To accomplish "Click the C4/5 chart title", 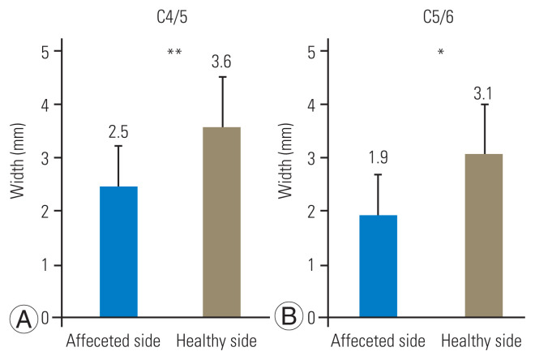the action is (x=172, y=17).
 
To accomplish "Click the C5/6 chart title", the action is (x=439, y=17).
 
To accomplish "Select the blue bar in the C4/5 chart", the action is (x=118, y=252).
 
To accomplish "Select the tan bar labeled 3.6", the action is (x=222, y=222).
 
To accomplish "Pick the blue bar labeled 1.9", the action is (x=378, y=266).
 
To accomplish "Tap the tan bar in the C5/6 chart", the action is (x=484, y=235).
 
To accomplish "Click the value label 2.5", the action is (x=118, y=132).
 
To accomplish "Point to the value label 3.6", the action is (x=221, y=62).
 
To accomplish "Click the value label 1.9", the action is (x=378, y=157).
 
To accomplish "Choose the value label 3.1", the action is (x=483, y=94).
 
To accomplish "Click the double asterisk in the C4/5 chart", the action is (x=174, y=52).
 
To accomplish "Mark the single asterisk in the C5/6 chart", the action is (x=441, y=52).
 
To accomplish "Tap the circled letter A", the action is (x=24, y=318).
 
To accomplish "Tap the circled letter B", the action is (x=289, y=316).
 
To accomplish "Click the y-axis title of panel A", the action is (x=18, y=161).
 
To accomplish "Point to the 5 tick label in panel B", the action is (x=311, y=52).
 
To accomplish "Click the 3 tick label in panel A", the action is (x=45, y=159).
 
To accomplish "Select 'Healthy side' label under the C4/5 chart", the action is (x=216, y=341).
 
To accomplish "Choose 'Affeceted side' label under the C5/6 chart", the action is (x=378, y=341).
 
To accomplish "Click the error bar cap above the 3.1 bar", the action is (x=485, y=105).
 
